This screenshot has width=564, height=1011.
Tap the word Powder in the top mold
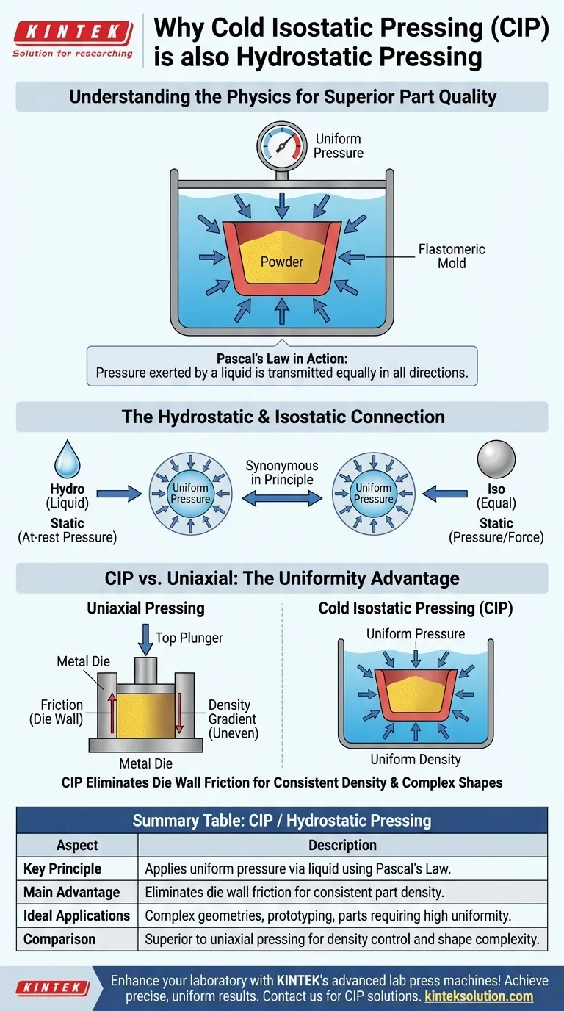coord(282,261)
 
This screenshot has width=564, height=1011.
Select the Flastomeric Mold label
coord(452,256)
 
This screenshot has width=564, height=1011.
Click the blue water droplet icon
coord(67,461)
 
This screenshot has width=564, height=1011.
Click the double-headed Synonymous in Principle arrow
coord(282,498)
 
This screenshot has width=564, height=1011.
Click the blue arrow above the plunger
coord(146,638)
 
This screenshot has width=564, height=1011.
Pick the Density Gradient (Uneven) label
coord(234,719)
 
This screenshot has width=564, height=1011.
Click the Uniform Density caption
coord(416,759)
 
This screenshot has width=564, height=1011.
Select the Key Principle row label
coord(62,868)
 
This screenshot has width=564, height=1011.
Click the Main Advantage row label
coord(71,892)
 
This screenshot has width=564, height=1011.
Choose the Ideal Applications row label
coord(76,915)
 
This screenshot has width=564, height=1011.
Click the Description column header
coord(342,845)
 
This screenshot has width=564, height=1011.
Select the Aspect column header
coord(77,845)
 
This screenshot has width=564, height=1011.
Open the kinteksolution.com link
coord(479,996)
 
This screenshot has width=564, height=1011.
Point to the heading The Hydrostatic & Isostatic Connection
coord(282,417)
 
